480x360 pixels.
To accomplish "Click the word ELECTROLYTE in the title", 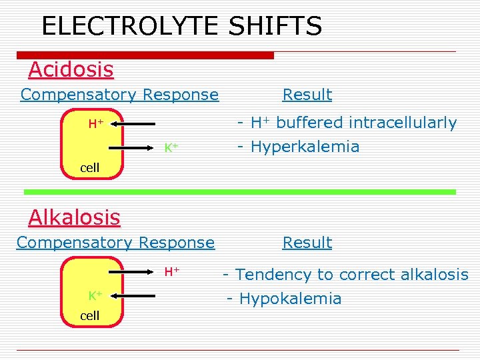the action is (131, 27).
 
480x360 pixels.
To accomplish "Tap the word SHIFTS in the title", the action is (275, 27).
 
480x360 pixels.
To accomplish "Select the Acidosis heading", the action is (71, 69).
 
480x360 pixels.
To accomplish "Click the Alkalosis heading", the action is (74, 217).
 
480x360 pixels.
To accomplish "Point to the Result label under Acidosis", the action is (307, 95).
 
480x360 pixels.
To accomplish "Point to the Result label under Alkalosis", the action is (307, 243).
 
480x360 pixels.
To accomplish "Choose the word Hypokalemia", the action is (289, 299).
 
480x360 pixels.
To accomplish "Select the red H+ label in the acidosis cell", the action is (95, 123).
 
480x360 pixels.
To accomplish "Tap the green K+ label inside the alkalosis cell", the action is (95, 295).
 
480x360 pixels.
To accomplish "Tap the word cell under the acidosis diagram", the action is (89, 168).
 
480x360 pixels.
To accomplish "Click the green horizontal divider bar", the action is (240, 192).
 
